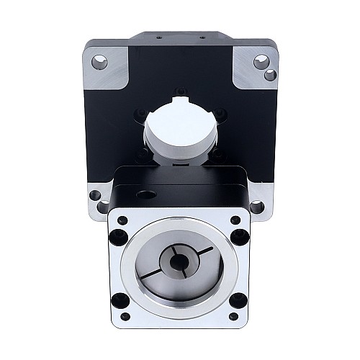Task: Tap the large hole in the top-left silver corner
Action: coord(99,63)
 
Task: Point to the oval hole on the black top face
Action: coord(146,194)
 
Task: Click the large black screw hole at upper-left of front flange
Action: coord(122,220)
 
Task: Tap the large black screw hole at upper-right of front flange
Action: coord(235,220)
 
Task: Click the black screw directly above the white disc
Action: coord(181,91)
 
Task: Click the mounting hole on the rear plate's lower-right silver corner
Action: coord(257,207)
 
